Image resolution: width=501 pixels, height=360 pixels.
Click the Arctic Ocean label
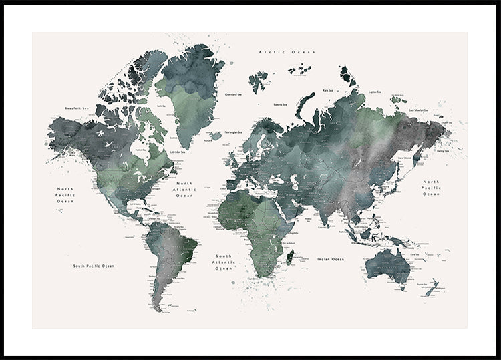coord(287,51)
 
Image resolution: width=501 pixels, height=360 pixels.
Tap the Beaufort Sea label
coord(77,107)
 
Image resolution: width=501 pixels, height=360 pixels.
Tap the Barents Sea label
coord(281,104)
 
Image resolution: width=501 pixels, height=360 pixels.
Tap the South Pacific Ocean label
coord(94,266)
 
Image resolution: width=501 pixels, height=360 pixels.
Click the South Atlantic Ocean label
coord(223,262)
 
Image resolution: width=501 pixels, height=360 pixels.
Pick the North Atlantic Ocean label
coord(184,190)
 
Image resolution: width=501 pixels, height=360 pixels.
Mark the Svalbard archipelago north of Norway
coord(259,81)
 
